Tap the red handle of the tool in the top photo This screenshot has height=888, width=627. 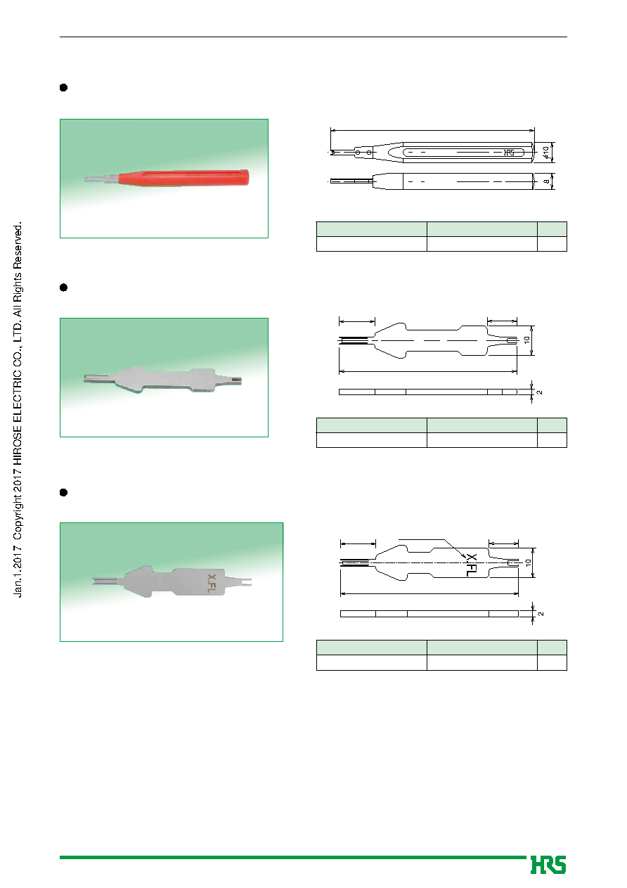coord(183,178)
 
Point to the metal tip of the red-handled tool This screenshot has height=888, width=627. coord(101,179)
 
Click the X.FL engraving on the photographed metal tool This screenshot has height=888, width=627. coord(212,584)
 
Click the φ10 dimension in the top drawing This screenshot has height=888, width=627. coord(546,153)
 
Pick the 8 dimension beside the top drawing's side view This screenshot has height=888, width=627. coord(547,181)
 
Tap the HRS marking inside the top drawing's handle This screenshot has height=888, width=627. coord(509,153)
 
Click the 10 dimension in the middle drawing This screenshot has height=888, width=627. coord(526,340)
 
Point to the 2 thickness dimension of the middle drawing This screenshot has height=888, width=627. coord(539,392)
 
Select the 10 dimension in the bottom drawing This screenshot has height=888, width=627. coord(528,562)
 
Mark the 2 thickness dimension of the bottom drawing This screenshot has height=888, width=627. coord(541,614)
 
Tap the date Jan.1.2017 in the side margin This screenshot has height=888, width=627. coord(18,570)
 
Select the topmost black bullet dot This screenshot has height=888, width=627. coord(63,88)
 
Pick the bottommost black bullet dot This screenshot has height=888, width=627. coord(63,492)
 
